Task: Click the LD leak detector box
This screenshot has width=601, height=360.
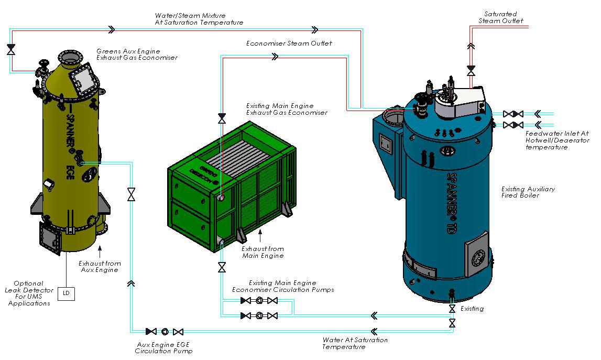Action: (x=66, y=293)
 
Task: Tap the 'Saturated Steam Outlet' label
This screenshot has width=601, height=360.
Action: (x=500, y=17)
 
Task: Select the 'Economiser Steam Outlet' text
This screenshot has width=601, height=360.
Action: (x=289, y=43)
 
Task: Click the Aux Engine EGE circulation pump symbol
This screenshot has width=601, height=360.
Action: (x=165, y=331)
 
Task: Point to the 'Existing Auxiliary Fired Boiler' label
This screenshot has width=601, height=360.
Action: (x=528, y=192)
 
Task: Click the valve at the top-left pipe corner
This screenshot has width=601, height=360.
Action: (x=11, y=49)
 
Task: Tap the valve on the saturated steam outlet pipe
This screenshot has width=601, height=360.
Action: (x=471, y=69)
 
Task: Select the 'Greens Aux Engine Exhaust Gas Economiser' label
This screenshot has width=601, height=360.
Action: (x=136, y=54)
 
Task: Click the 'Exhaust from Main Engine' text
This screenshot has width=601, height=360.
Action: (x=263, y=252)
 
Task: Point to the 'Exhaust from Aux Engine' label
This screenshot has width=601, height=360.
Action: (x=100, y=266)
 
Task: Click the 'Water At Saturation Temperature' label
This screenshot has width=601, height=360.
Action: (x=355, y=343)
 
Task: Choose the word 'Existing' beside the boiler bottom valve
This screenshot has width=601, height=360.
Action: (x=472, y=309)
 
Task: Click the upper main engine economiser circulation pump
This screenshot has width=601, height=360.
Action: (x=259, y=301)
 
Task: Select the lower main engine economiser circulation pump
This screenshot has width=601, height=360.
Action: (x=259, y=315)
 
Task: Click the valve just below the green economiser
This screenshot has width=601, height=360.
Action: (x=222, y=268)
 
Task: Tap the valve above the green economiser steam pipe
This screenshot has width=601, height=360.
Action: (x=222, y=118)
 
